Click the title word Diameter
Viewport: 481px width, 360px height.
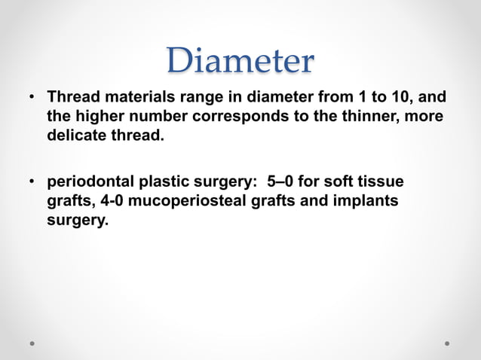pos(240,61)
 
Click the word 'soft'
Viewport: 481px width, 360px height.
pos(342,182)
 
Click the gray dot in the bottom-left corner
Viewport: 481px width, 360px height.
pos(33,343)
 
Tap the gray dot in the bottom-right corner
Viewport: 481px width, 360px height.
pos(447,343)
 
